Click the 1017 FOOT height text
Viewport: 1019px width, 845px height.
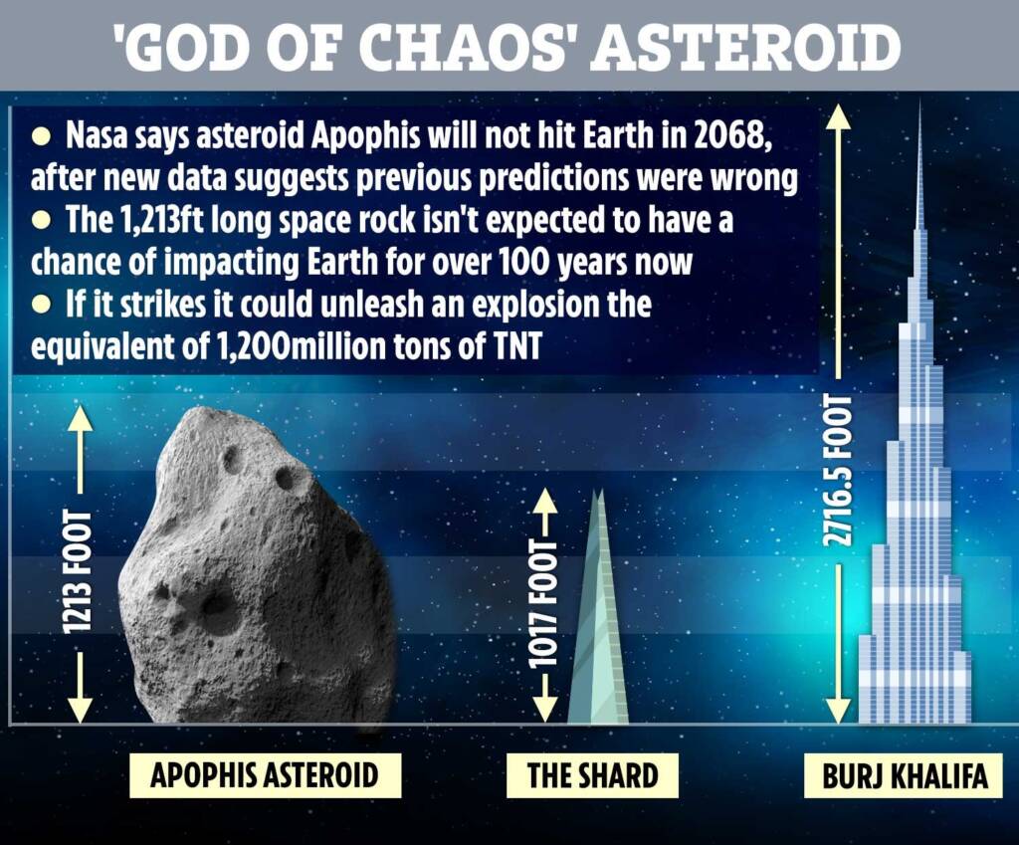[x=543, y=607]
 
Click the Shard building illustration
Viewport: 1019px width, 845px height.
[x=597, y=627]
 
